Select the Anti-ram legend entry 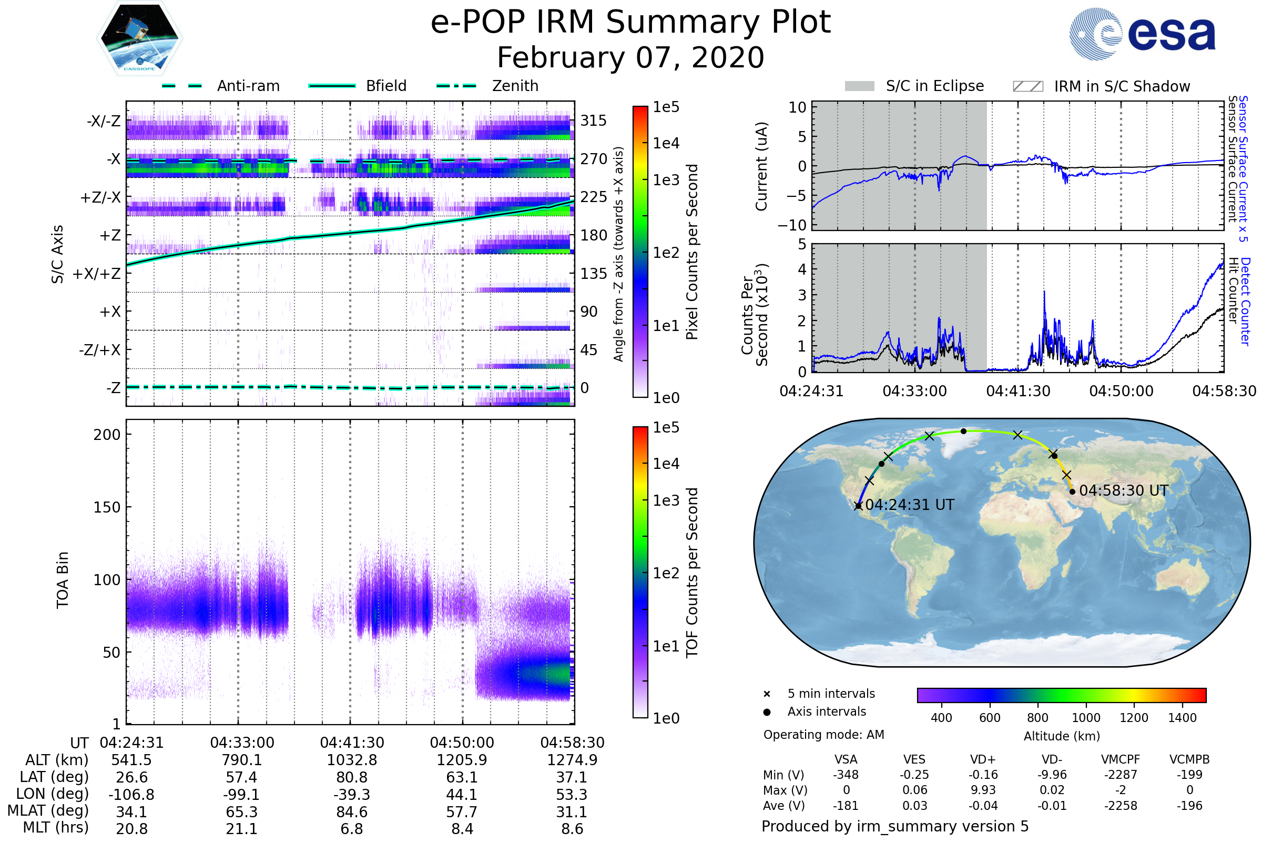(248, 86)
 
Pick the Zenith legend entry (515, 86)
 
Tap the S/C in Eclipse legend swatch (859, 86)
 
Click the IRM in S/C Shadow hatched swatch (1027, 86)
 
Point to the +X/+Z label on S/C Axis (97, 274)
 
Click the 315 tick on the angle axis (593, 121)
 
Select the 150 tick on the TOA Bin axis (107, 507)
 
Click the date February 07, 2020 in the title (630, 57)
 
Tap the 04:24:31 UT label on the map (910, 505)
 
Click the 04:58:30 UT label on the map (1124, 490)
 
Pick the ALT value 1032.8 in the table (352, 760)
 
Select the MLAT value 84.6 (352, 812)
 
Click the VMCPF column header (1121, 759)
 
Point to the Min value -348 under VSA (846, 775)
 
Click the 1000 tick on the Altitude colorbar (1085, 718)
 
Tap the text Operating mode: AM (823, 735)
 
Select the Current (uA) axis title (761, 166)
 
